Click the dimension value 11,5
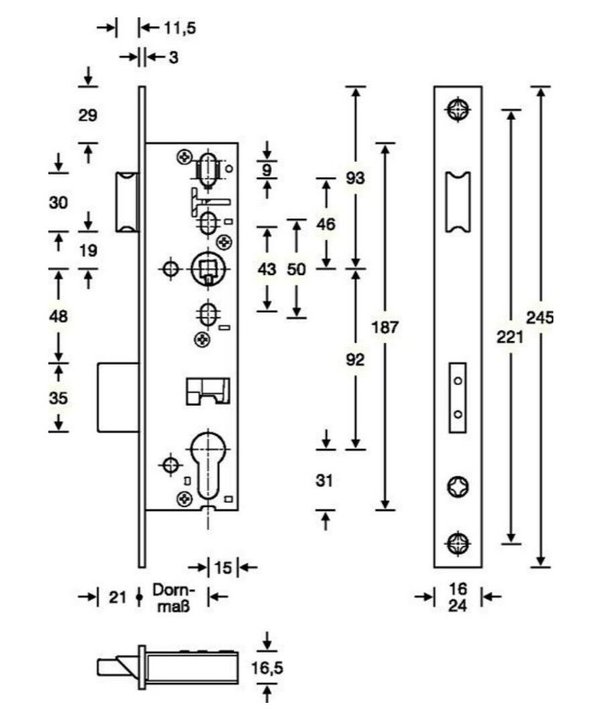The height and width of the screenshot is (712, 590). coord(179,27)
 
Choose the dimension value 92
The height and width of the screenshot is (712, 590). coord(355,359)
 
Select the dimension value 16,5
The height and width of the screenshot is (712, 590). coord(266,668)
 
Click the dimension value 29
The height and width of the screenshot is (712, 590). coord(88,115)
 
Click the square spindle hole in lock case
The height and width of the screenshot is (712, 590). coord(208,270)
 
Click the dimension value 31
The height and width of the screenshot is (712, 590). coord(324,481)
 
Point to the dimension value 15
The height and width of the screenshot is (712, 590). coord(222,568)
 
